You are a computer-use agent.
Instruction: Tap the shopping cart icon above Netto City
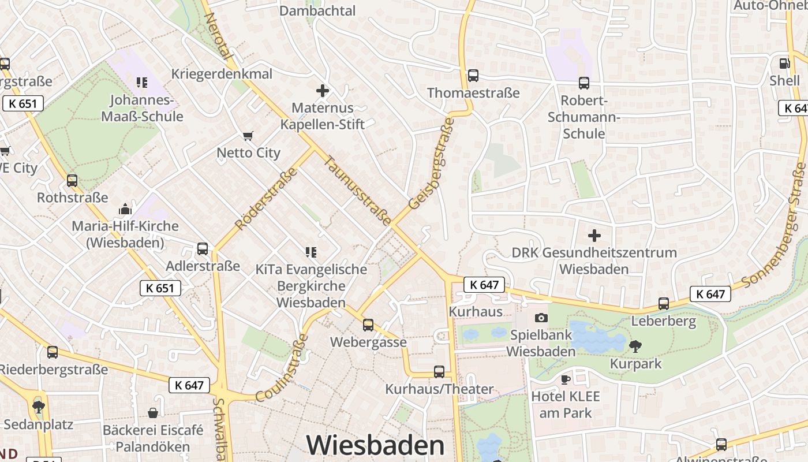pyautogui.click(x=248, y=136)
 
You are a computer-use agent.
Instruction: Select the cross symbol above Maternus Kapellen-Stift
pyautogui.click(x=323, y=91)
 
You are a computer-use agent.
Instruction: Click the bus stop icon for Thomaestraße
pyautogui.click(x=473, y=76)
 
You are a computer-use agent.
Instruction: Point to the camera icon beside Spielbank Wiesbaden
pyautogui.click(x=541, y=318)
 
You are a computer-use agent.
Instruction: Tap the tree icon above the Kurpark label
pyautogui.click(x=635, y=346)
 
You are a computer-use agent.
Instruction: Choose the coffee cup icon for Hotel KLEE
pyautogui.click(x=565, y=379)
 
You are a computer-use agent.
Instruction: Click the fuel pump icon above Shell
pyautogui.click(x=784, y=64)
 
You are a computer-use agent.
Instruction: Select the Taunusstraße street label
pyautogui.click(x=358, y=191)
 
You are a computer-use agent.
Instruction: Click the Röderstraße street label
pyautogui.click(x=266, y=198)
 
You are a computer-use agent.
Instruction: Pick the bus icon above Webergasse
pyautogui.click(x=368, y=325)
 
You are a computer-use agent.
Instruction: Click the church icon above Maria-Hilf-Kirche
pyautogui.click(x=125, y=209)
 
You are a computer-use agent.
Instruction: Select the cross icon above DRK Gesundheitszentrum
pyautogui.click(x=594, y=236)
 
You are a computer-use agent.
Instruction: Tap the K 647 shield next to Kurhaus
pyautogui.click(x=484, y=284)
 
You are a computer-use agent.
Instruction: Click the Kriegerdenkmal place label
pyautogui.click(x=222, y=74)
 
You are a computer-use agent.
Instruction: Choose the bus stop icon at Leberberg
pyautogui.click(x=664, y=304)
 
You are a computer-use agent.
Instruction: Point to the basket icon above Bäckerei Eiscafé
pyautogui.click(x=153, y=413)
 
